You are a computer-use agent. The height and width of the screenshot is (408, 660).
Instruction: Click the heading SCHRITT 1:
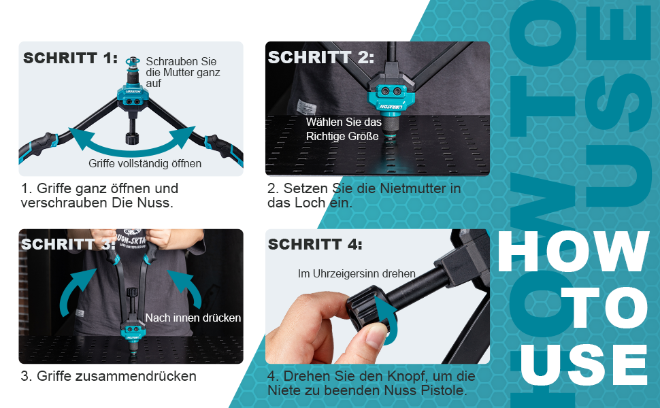(x=70, y=58)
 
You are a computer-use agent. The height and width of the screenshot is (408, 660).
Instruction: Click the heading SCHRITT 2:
(x=321, y=58)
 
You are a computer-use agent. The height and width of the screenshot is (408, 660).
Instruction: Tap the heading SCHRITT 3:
(x=68, y=244)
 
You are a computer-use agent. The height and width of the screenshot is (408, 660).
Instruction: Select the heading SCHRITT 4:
(x=315, y=244)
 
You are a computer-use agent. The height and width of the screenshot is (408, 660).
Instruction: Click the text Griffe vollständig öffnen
(x=145, y=163)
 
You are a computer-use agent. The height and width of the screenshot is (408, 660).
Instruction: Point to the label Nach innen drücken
(x=193, y=318)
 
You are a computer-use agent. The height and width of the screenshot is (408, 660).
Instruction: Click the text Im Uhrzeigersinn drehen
(x=357, y=273)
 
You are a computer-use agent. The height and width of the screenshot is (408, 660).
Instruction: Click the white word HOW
(x=574, y=252)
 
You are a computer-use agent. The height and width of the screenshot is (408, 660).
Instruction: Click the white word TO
(x=604, y=307)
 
